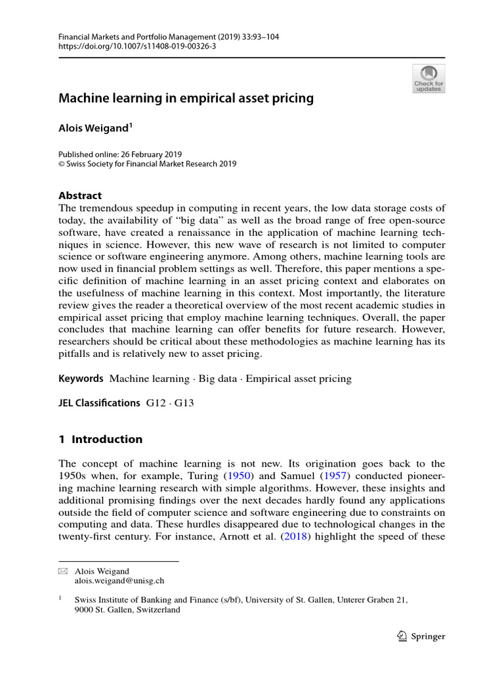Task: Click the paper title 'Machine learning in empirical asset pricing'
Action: (x=186, y=99)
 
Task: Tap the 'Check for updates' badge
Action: (x=428, y=78)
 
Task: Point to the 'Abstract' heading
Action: (x=80, y=195)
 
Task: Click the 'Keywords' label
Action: (x=81, y=379)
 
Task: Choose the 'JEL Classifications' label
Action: (x=99, y=403)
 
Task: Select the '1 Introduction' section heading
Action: (x=100, y=439)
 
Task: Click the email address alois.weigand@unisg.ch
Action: (x=119, y=581)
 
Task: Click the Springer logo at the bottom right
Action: (x=422, y=636)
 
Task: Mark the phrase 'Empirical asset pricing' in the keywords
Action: (x=299, y=379)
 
